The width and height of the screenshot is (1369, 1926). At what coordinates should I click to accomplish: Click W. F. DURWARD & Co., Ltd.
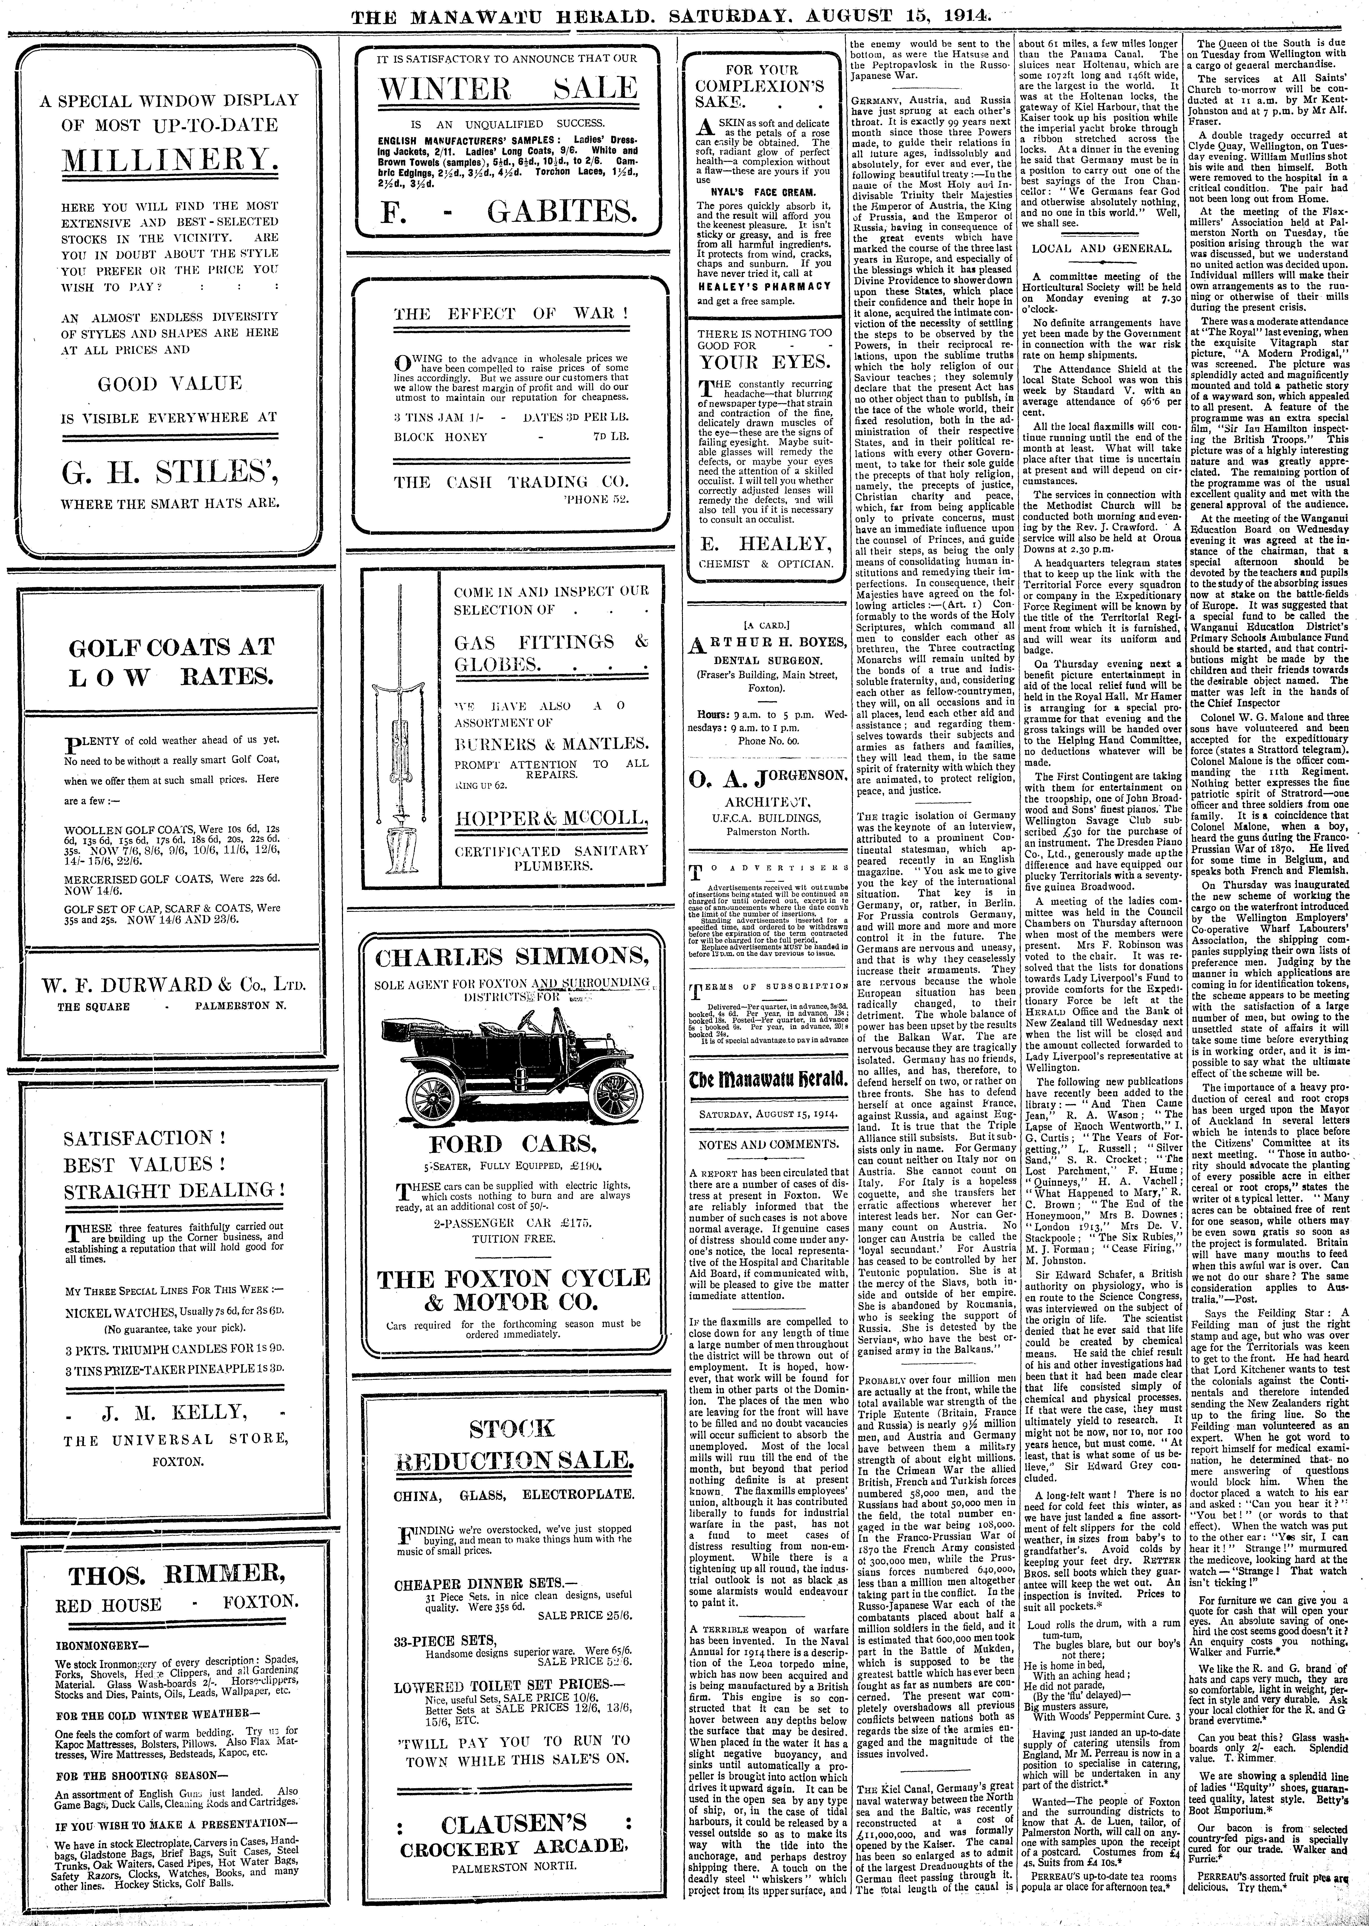(x=169, y=985)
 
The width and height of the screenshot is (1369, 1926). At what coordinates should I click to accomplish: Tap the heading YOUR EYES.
(x=765, y=362)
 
